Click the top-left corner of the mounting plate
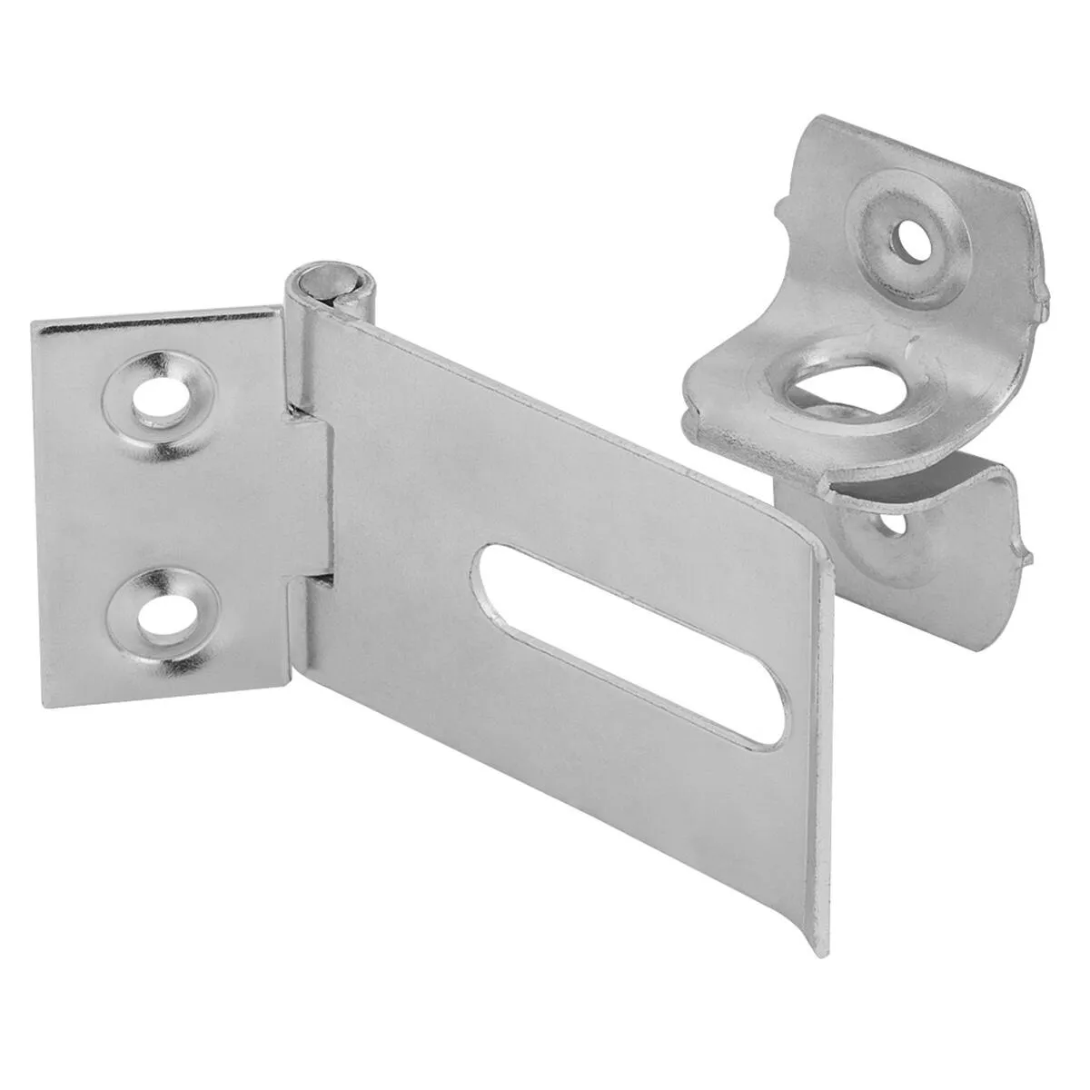click(35, 323)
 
